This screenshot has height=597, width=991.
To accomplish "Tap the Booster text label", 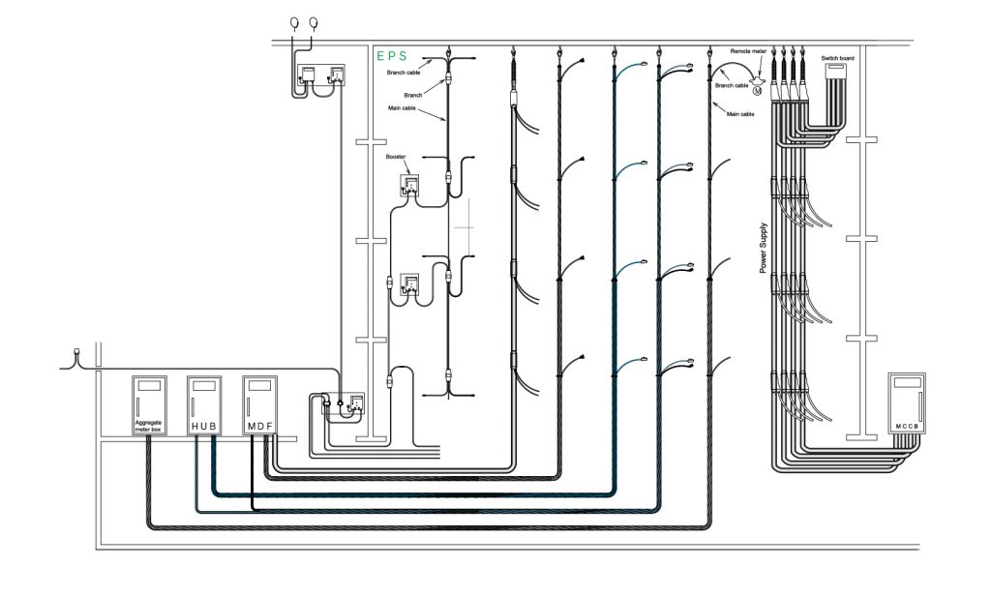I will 395,157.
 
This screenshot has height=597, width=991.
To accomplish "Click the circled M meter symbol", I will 771,90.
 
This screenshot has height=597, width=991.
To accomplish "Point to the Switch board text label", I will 836,57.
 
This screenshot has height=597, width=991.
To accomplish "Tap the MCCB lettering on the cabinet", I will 908,427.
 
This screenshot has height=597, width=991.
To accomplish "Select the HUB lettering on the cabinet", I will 205,426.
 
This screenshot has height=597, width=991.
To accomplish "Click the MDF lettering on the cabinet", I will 259,426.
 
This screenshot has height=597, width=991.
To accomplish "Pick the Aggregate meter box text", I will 149,426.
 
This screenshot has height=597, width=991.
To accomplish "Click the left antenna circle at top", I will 295,21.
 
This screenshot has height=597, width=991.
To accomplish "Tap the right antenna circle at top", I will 314,21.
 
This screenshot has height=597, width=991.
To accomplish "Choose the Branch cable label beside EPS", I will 404,72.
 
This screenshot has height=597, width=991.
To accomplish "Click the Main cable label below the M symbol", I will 740,114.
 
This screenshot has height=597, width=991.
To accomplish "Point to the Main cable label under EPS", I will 404,110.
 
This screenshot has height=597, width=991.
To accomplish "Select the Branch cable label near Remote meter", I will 731,86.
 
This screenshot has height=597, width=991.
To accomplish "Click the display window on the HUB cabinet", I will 204,385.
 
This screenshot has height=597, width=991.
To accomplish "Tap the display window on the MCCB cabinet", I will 908,383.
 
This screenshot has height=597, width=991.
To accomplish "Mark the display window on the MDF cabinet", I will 259,385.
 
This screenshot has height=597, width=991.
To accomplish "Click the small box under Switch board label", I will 835,69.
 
